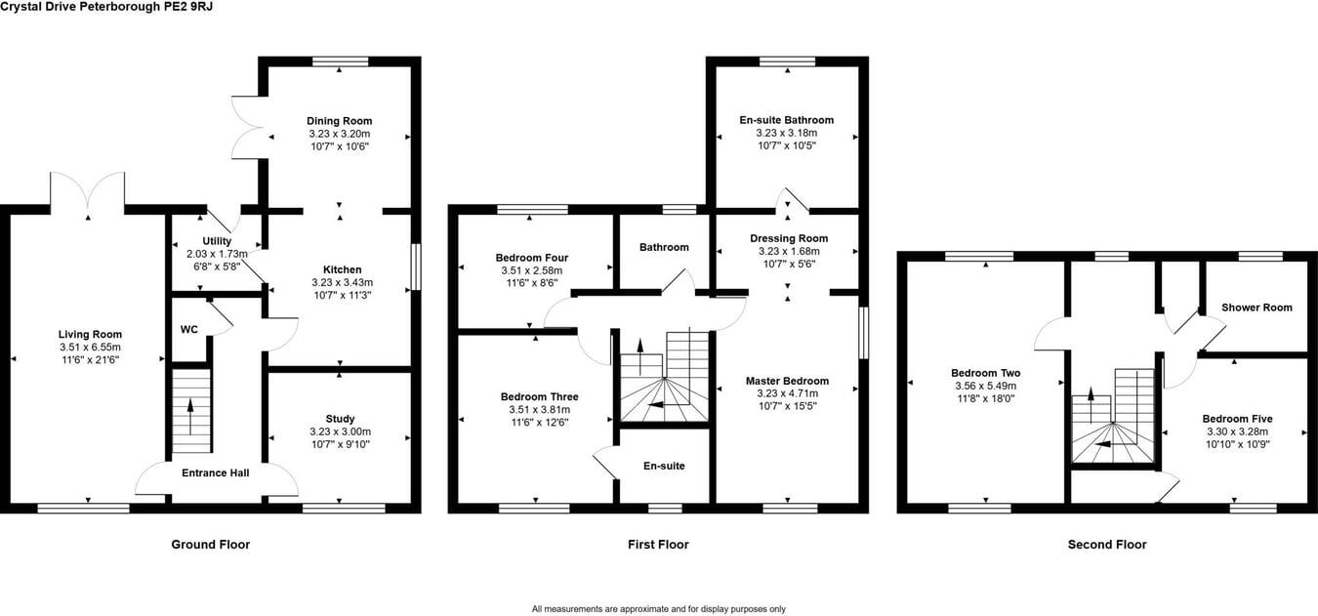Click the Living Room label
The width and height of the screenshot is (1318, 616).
(90, 334)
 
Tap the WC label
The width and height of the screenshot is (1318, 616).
(188, 329)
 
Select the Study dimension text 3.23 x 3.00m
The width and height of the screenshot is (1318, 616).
(340, 431)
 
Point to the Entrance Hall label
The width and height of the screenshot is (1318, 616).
(216, 472)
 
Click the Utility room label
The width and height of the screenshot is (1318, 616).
(217, 241)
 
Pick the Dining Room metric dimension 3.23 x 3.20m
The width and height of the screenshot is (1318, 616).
(340, 134)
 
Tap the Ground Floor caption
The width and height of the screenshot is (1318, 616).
(211, 544)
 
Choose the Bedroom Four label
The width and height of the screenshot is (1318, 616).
(532, 258)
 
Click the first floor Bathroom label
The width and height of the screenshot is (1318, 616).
(664, 247)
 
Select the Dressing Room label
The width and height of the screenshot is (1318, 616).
(789, 238)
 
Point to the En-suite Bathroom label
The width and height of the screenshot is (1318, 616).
(787, 120)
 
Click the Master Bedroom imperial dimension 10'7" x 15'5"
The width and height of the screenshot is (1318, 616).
(787, 406)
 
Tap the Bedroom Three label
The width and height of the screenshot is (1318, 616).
(540, 396)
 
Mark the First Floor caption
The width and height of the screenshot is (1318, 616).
(658, 544)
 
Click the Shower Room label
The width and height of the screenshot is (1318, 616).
(1256, 308)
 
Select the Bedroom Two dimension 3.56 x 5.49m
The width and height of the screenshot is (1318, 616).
(986, 386)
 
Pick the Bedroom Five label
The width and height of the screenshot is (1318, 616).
(1237, 419)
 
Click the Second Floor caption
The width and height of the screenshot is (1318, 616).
(1107, 544)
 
